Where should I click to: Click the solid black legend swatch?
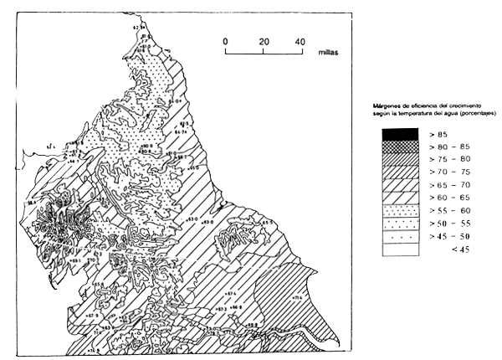tap(398, 133)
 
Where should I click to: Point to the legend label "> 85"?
tap(438, 133)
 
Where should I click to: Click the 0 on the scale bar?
tap(225, 41)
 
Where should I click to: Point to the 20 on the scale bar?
tap(264, 41)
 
